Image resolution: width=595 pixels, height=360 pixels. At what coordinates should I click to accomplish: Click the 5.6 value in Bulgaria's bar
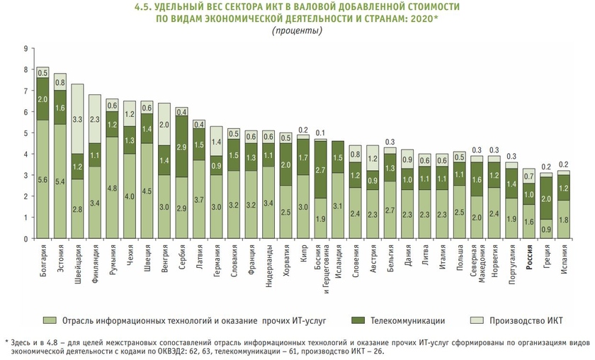pyautogui.click(x=43, y=180)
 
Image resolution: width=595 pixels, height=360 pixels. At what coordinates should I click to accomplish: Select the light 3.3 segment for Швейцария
pyautogui.click(x=77, y=119)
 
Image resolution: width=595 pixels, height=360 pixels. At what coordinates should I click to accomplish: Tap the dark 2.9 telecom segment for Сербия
pyautogui.click(x=182, y=147)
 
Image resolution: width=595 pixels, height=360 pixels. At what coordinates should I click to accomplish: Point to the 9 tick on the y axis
pyautogui.click(x=25, y=48)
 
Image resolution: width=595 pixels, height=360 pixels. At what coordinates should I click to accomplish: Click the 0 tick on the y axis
pyautogui.click(x=25, y=239)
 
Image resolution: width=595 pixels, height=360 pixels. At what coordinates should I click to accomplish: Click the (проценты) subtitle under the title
pyautogui.click(x=297, y=30)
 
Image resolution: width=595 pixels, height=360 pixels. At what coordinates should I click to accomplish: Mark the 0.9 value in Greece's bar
pyautogui.click(x=547, y=229)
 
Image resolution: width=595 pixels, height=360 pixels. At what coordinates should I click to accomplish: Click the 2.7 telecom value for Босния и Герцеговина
pyautogui.click(x=320, y=169)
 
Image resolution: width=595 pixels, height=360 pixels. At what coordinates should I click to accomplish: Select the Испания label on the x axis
pyautogui.click(x=564, y=258)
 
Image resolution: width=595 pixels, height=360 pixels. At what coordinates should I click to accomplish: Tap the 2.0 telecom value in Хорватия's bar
pyautogui.click(x=285, y=165)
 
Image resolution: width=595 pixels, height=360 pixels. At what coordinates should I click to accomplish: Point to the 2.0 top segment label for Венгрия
pyautogui.click(x=164, y=124)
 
